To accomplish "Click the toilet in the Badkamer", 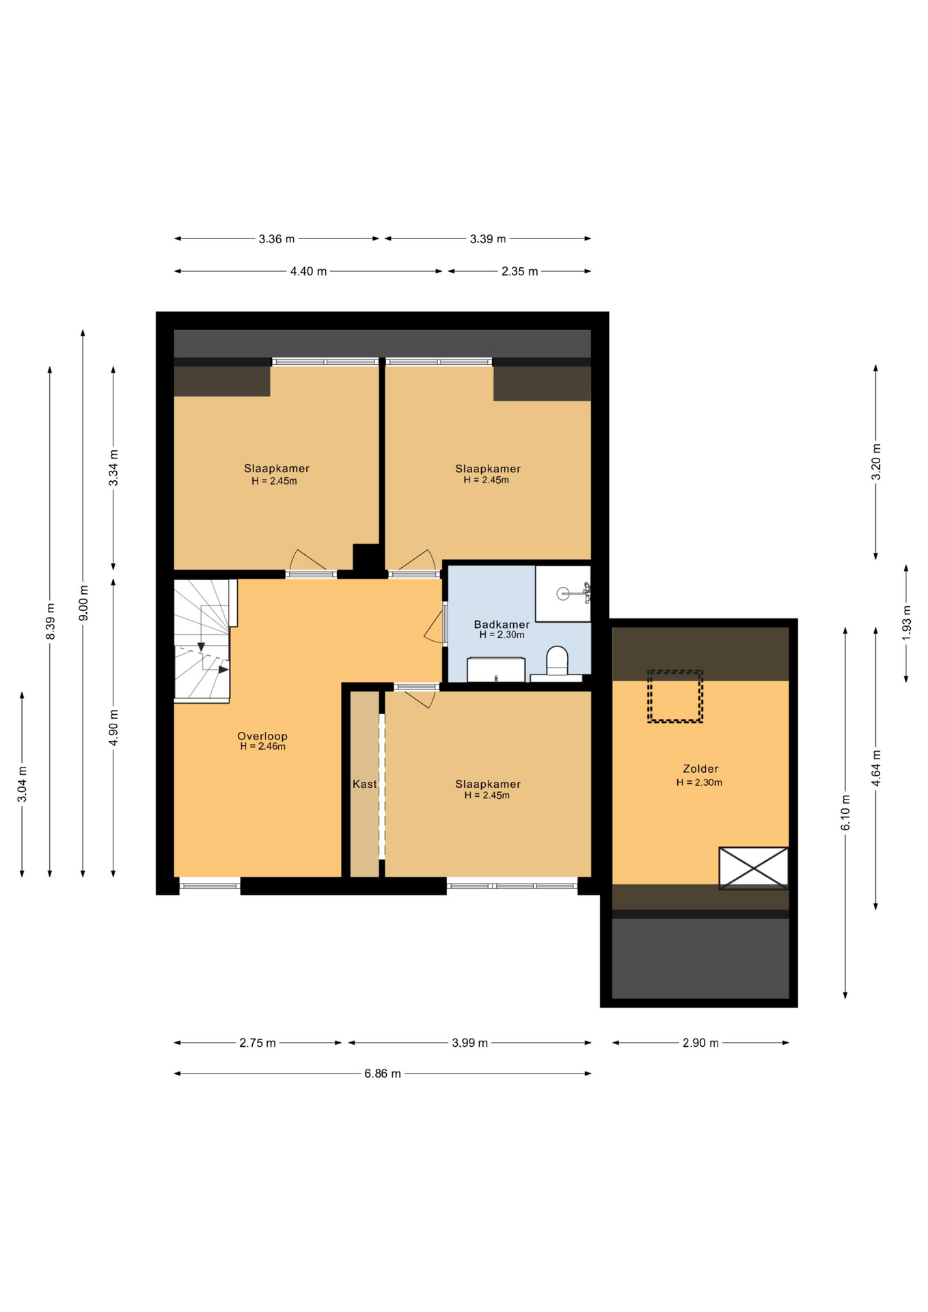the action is click(x=557, y=662).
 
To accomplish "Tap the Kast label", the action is click(x=364, y=784).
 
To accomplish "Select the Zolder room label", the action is click(x=700, y=769).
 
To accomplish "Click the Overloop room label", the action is click(x=262, y=736).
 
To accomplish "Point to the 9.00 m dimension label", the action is click(x=83, y=603).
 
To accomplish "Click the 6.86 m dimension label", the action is click(x=383, y=1074).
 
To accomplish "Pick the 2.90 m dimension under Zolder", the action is click(x=700, y=1043).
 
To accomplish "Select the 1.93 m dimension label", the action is click(x=906, y=623).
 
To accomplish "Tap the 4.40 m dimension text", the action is click(x=308, y=271).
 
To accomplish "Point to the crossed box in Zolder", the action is click(x=753, y=868).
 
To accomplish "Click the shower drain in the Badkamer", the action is click(x=562, y=594).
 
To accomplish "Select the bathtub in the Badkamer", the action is click(x=496, y=670).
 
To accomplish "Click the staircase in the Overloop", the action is click(x=202, y=641).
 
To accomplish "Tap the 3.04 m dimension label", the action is click(x=22, y=791).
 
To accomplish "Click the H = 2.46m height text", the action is click(x=262, y=747).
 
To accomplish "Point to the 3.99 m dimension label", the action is click(x=470, y=1043).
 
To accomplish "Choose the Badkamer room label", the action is click(x=502, y=625).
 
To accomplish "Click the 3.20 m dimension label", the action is click(x=876, y=462).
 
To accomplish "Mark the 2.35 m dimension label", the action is click(x=519, y=271).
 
